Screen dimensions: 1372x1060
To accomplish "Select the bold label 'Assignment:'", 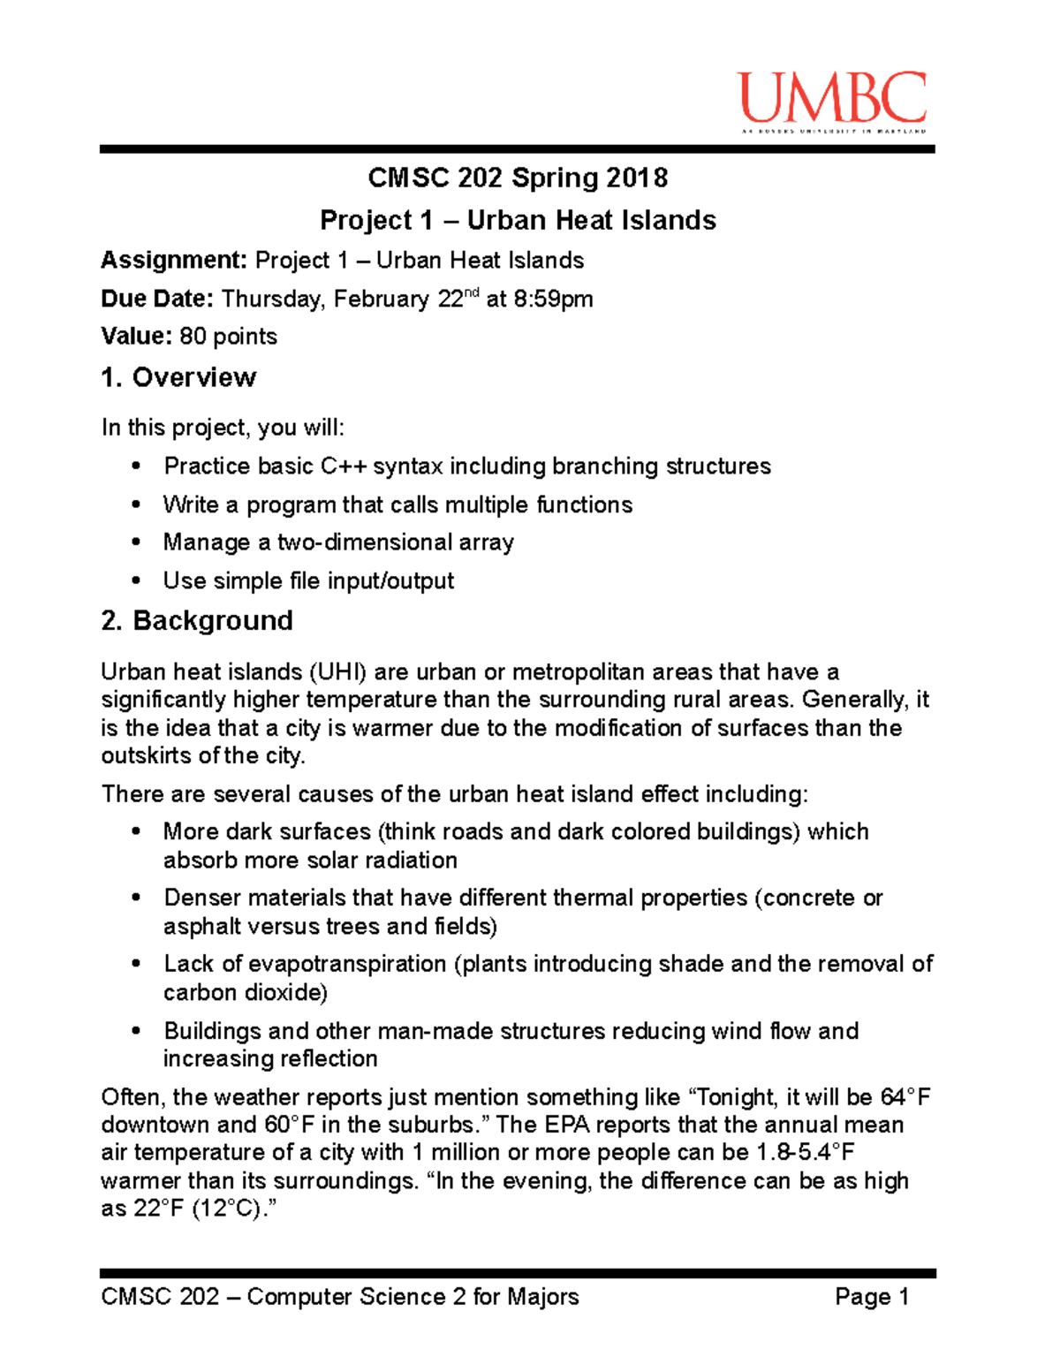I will (x=174, y=261).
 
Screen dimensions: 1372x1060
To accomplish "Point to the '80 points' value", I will (x=228, y=337).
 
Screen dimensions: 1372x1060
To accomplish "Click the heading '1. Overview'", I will (x=178, y=377).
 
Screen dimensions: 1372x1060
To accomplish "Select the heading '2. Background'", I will (x=196, y=620).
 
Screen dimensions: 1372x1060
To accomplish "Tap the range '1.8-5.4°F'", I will (x=806, y=1153).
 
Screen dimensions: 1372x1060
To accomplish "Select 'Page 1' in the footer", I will (x=872, y=1297).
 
